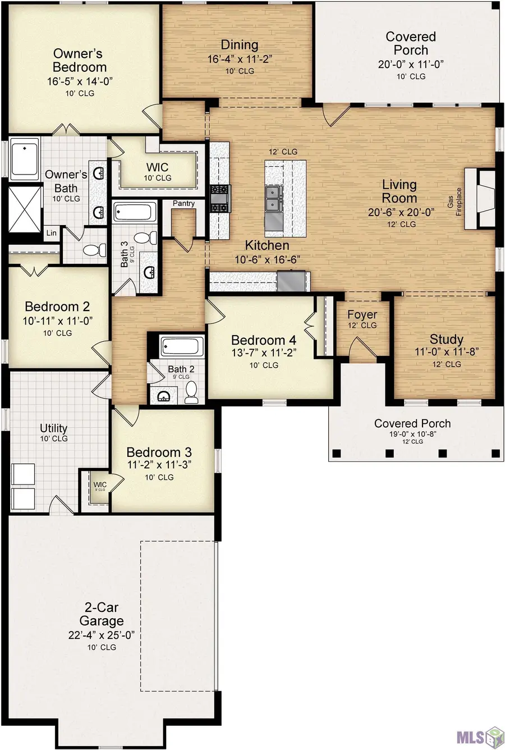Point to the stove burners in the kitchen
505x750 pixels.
pyautogui.click(x=219, y=199)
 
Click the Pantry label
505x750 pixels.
pyautogui.click(x=183, y=203)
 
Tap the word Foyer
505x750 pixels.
pyautogui.click(x=362, y=314)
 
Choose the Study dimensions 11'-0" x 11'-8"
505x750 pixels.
pyautogui.click(x=446, y=352)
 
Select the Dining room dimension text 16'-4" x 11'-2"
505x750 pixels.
pyautogui.click(x=240, y=58)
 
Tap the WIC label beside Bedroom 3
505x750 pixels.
pyautogui.click(x=100, y=484)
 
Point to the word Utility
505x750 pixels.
pyautogui.click(x=54, y=428)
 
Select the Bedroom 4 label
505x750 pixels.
pyautogui.click(x=263, y=340)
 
